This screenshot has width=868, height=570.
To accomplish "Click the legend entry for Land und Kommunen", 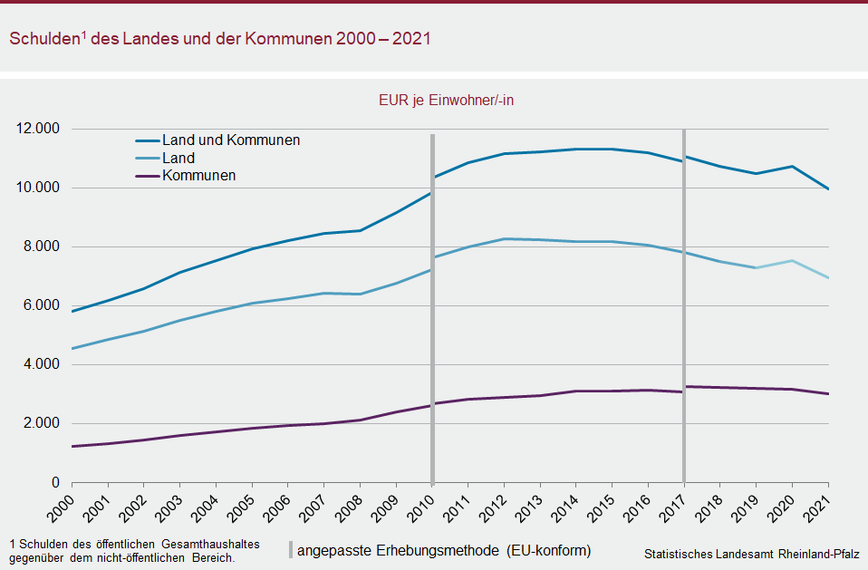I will [230, 140].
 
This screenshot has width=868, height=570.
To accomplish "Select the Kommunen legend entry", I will [198, 175].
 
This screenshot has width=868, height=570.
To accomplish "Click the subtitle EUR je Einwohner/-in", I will [446, 101].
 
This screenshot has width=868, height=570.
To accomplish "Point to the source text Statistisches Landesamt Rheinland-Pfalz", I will [751, 553].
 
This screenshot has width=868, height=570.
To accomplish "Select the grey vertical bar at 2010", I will [432, 308].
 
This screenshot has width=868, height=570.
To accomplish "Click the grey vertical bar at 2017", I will [684, 308].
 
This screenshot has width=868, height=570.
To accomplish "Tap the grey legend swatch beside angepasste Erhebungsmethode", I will [291, 550].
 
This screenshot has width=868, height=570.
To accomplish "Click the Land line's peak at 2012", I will [504, 239].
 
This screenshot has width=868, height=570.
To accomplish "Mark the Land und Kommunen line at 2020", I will [792, 166].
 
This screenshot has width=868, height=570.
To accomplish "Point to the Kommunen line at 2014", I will [575, 391].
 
